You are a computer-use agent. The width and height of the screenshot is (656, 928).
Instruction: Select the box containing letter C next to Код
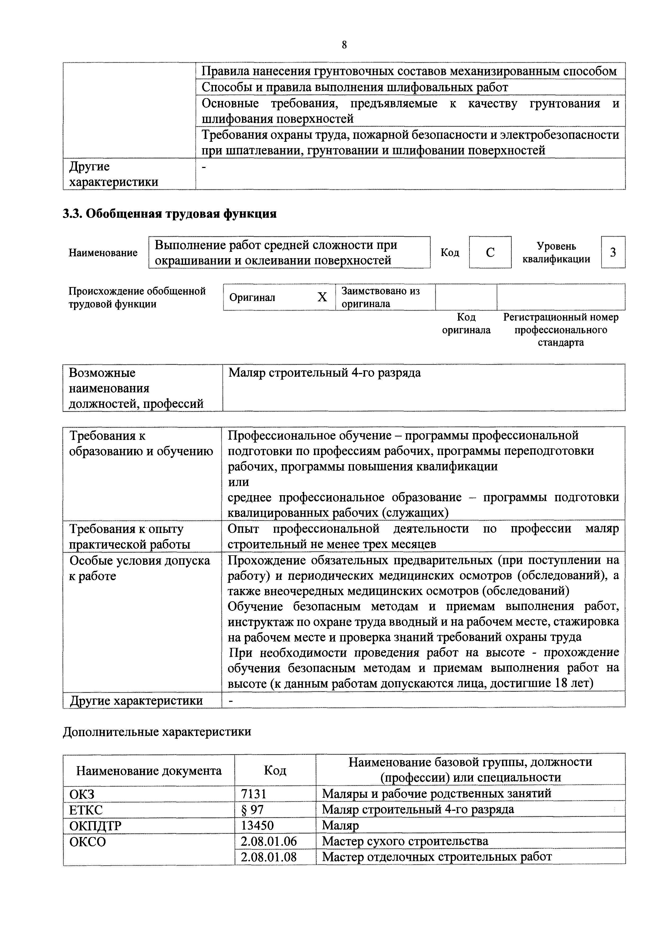click(x=490, y=252)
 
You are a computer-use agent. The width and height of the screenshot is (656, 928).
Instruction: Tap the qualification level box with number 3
click(x=613, y=252)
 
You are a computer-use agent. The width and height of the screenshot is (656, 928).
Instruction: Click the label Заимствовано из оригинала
click(x=380, y=297)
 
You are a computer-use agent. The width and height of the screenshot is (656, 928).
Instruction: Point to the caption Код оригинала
click(x=466, y=323)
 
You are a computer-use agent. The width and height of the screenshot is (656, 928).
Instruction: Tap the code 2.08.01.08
click(x=268, y=857)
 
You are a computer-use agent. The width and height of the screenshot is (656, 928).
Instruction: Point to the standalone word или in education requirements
click(x=239, y=482)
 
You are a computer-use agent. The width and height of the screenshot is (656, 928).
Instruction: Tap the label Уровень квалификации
click(x=556, y=252)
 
